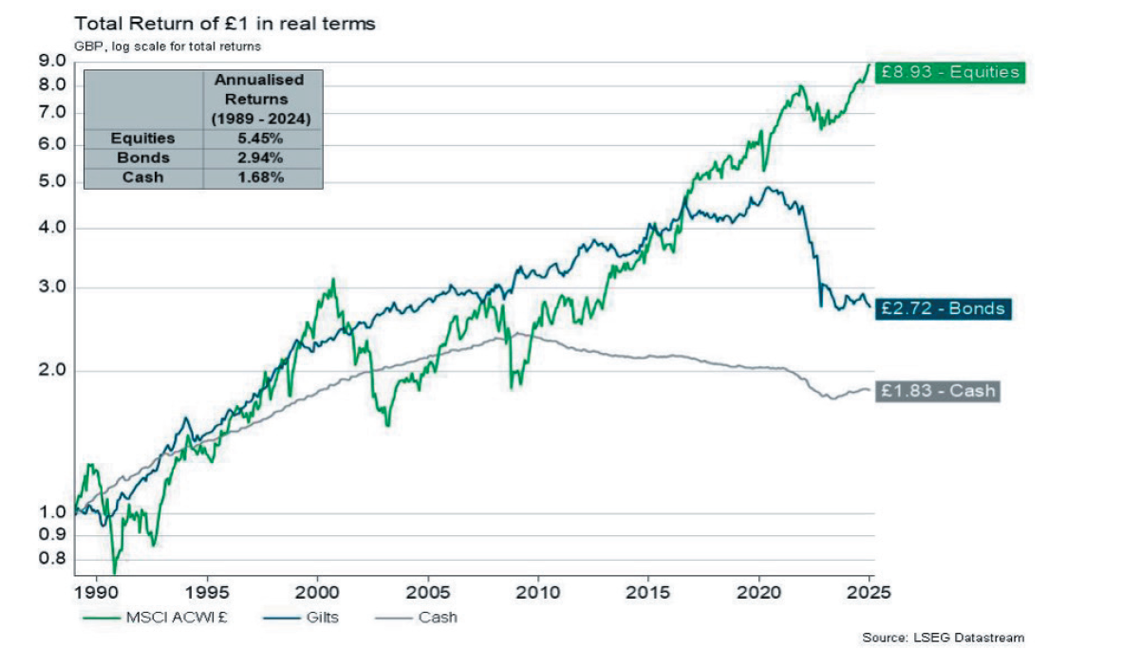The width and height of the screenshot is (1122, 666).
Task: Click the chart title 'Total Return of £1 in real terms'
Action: coord(224,24)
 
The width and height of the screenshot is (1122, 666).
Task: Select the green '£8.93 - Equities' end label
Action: coord(948,72)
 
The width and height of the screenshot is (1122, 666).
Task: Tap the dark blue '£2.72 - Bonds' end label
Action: coord(941,309)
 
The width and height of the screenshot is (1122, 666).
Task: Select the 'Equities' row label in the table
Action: coord(142,139)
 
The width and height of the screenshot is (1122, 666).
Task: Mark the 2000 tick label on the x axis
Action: coord(317,590)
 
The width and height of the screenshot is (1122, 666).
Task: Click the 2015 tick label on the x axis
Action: coord(649,590)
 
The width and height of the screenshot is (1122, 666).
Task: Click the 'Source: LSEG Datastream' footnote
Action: coord(943,638)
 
